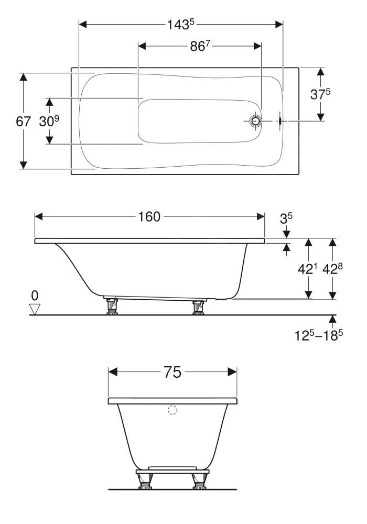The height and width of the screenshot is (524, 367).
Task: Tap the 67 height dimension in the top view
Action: point(23,122)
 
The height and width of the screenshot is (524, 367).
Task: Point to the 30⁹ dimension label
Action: point(49,122)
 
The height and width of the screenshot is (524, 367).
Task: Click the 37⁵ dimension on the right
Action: point(320,94)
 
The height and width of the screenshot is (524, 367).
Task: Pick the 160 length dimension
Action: point(149,217)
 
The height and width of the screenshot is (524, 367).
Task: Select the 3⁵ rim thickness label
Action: point(286,219)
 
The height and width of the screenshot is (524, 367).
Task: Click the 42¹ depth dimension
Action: point(308,269)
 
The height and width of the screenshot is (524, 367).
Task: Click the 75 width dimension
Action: point(172,372)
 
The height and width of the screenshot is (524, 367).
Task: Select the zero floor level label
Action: point(35,296)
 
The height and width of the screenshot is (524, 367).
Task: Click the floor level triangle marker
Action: point(35,309)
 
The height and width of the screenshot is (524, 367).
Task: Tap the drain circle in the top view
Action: point(255,121)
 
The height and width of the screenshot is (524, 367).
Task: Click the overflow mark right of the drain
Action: point(280,121)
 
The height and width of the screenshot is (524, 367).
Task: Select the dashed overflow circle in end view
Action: point(172,410)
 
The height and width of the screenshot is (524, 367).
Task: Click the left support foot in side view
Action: point(111,306)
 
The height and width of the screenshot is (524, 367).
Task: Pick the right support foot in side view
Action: point(198,307)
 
